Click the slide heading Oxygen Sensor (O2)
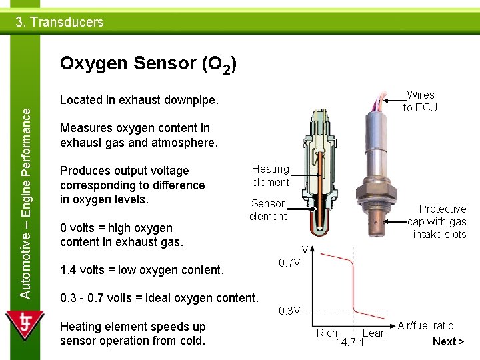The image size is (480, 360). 147,64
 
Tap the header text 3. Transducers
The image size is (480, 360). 60,22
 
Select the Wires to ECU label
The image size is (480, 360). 420,101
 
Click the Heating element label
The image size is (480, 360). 270,175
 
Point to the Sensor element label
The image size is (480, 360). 267,210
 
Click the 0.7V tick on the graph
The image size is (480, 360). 289,263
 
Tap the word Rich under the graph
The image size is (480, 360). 327,333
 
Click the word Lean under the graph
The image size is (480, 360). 374,333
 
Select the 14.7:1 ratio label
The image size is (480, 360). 349,343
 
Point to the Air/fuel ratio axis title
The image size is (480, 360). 425,325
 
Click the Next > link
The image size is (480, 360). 448,342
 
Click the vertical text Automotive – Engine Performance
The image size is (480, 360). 25,193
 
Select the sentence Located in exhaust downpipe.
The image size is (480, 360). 139,100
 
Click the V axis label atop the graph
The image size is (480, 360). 304,250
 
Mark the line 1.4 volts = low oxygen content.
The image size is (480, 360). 141,270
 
